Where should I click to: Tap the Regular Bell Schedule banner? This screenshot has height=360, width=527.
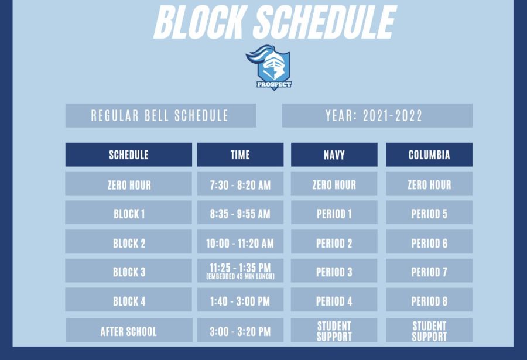(x=160, y=115)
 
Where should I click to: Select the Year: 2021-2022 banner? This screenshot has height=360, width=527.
(x=377, y=115)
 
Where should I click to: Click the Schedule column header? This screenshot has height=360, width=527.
(x=129, y=155)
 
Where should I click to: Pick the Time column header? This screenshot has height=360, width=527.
(x=240, y=155)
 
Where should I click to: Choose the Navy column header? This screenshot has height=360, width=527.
(x=334, y=155)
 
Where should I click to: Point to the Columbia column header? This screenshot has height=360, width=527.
(x=429, y=155)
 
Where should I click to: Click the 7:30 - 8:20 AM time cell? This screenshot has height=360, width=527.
(x=240, y=184)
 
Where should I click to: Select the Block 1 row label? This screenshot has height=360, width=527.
(x=129, y=212)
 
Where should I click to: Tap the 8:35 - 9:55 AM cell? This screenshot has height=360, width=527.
(x=240, y=212)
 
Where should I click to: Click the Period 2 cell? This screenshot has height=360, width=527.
(x=334, y=242)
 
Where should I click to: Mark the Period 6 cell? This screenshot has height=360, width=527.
(x=429, y=242)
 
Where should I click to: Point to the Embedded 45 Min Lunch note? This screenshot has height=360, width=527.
(x=240, y=277)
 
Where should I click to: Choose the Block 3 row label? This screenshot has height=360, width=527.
(x=129, y=270)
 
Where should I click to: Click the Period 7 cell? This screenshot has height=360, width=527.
(x=429, y=270)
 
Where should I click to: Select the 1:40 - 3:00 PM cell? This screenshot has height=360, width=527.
(x=240, y=300)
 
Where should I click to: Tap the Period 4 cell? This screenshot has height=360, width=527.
(x=334, y=300)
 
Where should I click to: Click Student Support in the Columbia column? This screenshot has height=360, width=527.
(x=429, y=331)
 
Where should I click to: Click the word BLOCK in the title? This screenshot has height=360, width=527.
(x=199, y=22)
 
